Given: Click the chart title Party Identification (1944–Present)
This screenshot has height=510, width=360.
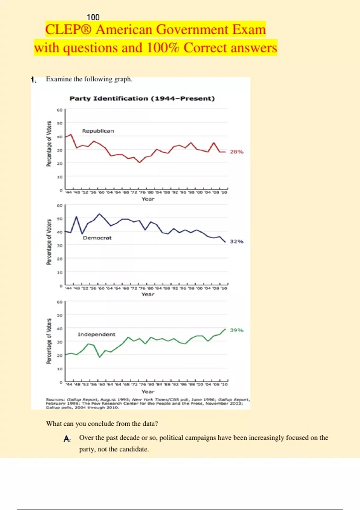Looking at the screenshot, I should point(142,99).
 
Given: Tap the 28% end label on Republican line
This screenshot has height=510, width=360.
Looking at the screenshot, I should point(236,152).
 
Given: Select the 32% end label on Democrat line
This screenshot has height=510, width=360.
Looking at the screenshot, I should point(236,241).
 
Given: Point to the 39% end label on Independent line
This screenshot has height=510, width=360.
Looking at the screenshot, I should point(236,330).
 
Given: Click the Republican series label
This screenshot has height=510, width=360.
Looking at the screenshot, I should point(98,131).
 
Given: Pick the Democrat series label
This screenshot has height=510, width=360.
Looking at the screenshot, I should point(97,238).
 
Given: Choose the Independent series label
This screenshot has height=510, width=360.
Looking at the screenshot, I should point(96,334).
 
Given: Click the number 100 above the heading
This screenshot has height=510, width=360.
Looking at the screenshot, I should point(93,17).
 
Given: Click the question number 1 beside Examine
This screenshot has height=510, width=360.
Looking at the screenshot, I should point(33,79).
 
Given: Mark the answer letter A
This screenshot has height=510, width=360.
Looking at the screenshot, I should point(67,439).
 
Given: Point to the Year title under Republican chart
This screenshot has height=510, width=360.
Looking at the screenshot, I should point(148,199).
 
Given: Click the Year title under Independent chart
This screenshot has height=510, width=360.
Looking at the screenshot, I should point(148,392).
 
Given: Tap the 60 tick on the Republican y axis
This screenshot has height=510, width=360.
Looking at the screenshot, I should point(60,110).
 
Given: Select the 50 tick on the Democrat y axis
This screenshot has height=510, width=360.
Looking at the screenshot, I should point(60,219).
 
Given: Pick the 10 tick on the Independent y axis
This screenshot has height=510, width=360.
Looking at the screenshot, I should point(60,369).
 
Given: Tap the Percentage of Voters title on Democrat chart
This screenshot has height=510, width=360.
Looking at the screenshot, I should point(49,242).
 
